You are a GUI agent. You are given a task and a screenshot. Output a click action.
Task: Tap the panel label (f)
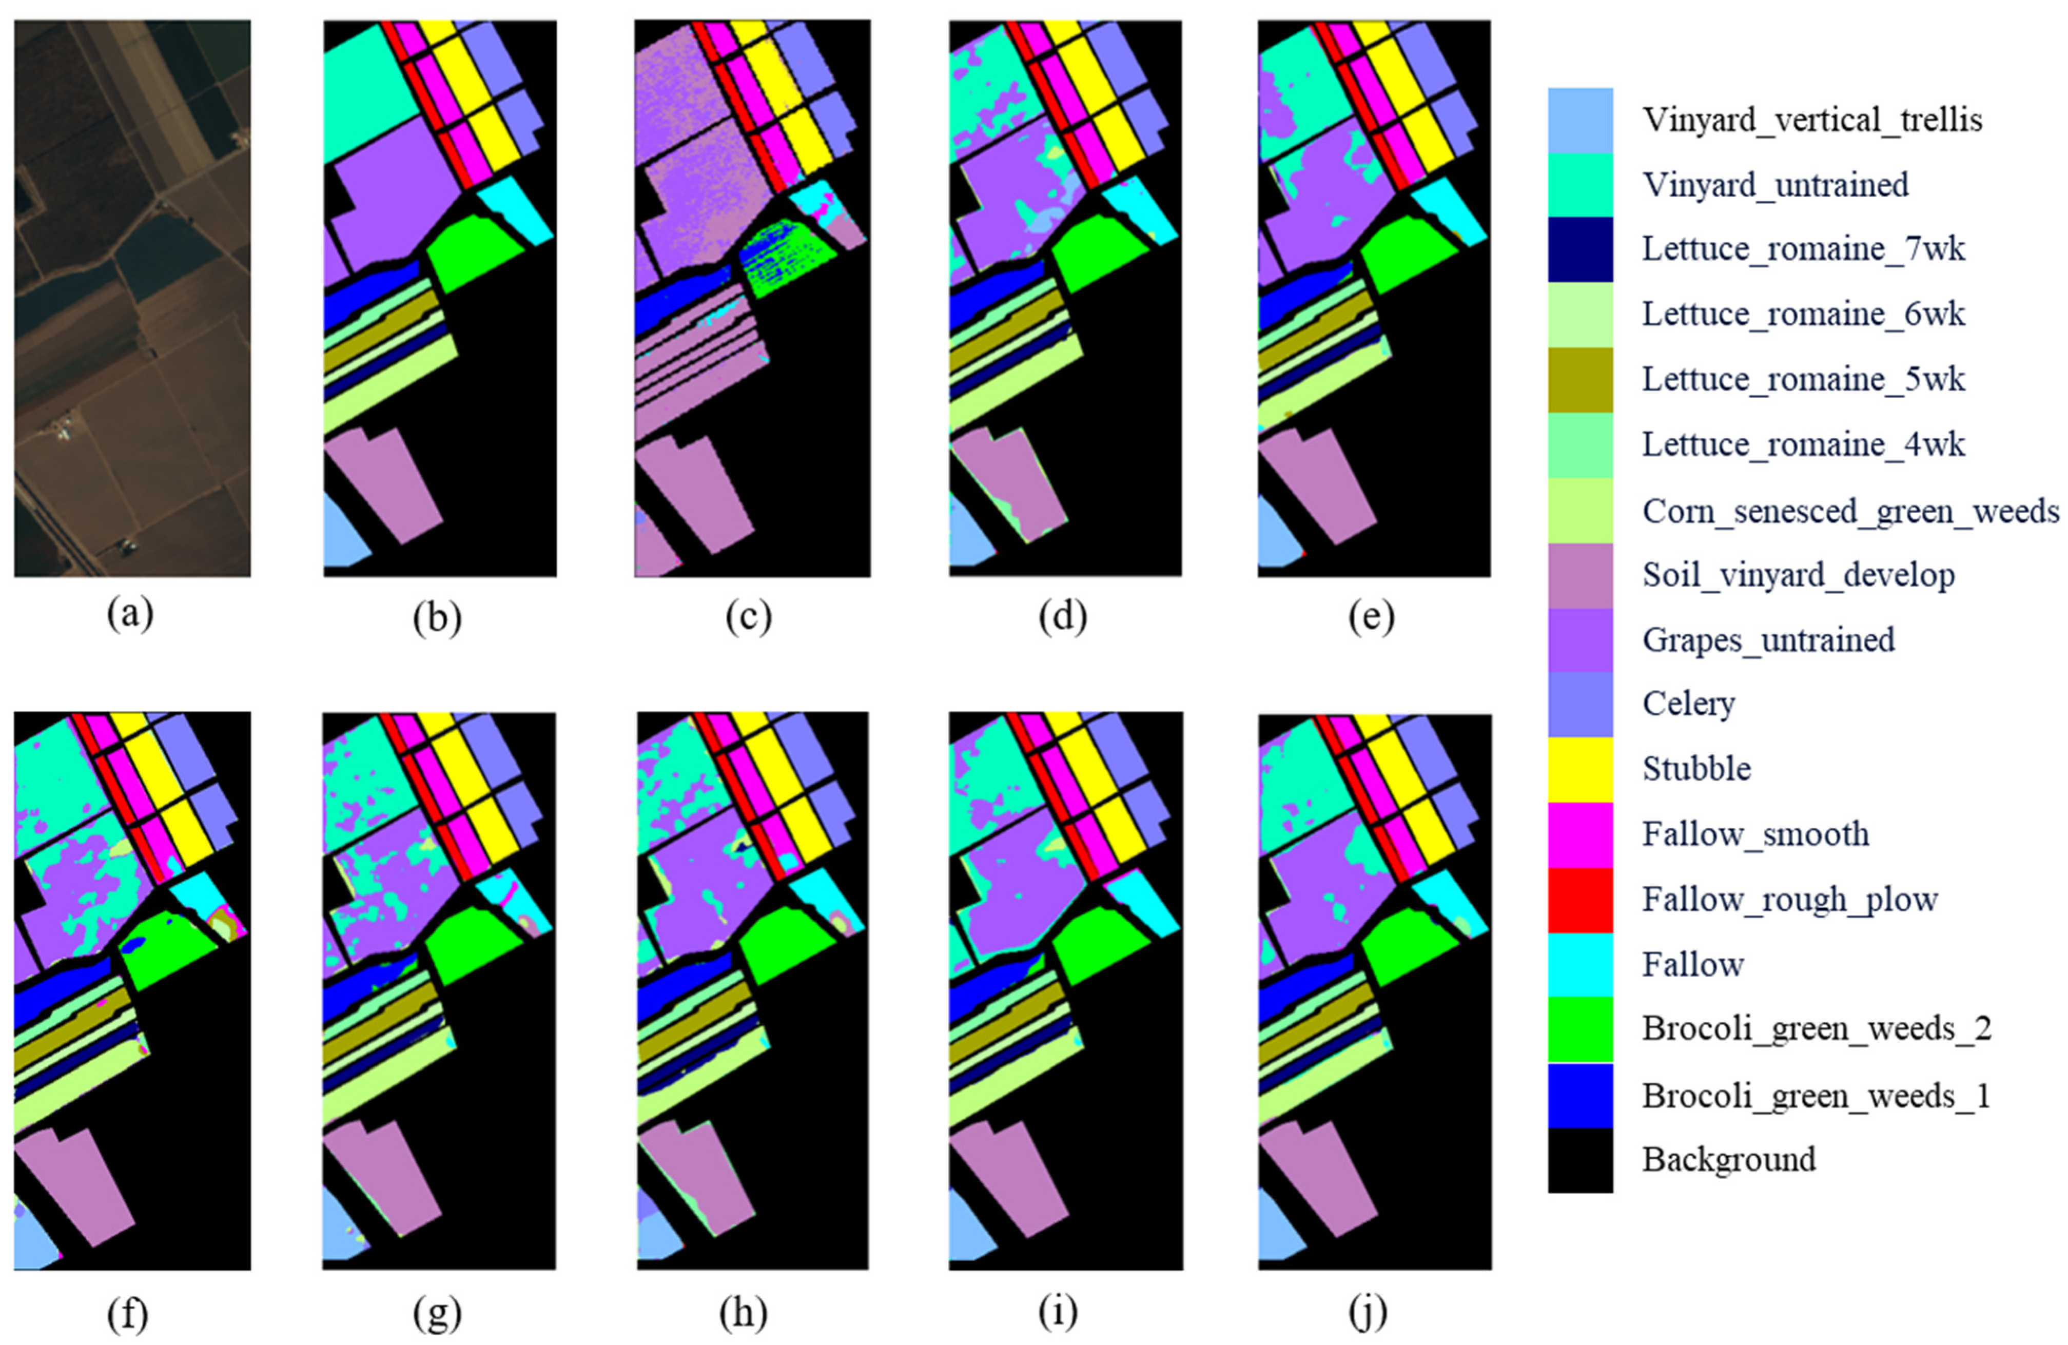(x=128, y=1315)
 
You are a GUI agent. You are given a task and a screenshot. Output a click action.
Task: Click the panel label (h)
(x=744, y=1315)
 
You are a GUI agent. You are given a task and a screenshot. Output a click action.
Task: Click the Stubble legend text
(x=1696, y=769)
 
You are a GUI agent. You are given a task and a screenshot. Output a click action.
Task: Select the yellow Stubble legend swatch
(x=1579, y=769)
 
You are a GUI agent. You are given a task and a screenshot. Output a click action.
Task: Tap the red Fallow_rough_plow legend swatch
(x=1579, y=899)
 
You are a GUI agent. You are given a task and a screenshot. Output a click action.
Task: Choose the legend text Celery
(x=1688, y=704)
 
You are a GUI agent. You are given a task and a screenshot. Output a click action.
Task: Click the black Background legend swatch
(x=1579, y=1160)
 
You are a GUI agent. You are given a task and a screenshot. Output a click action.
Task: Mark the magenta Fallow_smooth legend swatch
(x=1579, y=834)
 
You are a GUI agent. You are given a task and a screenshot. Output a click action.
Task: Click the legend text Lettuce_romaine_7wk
(x=1803, y=249)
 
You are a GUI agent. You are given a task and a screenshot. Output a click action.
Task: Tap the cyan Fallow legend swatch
(x=1579, y=964)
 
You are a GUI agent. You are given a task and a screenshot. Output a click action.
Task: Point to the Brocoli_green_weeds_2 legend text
(x=1816, y=1029)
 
